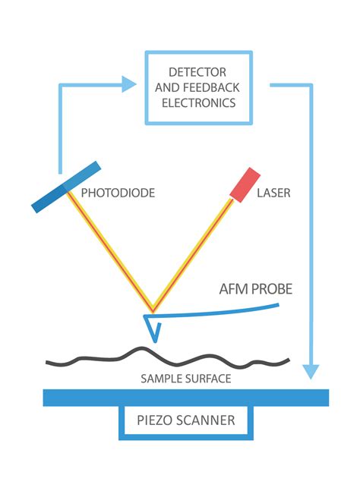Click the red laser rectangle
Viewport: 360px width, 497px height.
coord(245,184)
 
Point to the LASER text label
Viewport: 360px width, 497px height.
coord(274,193)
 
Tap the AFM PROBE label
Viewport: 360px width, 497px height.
coord(254,290)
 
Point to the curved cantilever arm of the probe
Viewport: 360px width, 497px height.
coord(220,312)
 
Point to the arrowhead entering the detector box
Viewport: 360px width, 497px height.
coord(128,85)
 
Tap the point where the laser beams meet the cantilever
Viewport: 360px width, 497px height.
coord(153,311)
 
